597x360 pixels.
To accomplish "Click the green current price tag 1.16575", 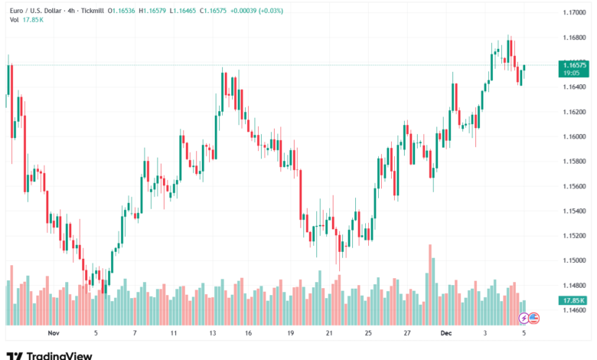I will (x=574, y=66).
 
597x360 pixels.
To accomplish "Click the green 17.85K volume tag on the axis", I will (x=574, y=301).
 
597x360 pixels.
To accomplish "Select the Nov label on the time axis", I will (x=53, y=333).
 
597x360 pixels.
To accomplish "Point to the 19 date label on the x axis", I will (x=290, y=333).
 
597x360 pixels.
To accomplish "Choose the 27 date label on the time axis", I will (x=407, y=333).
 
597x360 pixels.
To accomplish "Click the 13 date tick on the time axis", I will (x=213, y=333).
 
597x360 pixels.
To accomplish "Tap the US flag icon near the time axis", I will (x=534, y=317).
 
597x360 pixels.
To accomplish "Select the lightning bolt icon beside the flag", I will (x=524, y=317).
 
